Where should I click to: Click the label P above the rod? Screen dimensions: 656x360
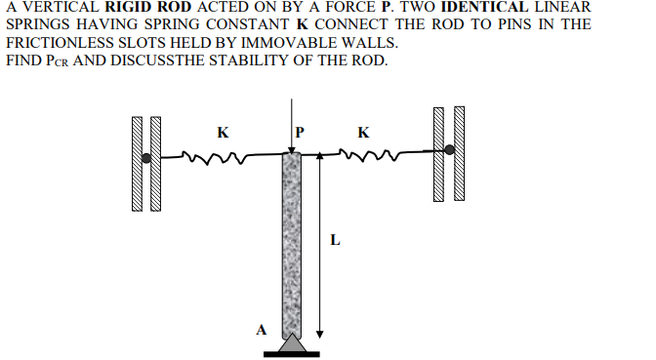(300, 130)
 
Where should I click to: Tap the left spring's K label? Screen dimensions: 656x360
(224, 130)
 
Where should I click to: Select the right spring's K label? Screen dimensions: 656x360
(363, 130)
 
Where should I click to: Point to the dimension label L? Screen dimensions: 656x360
(335, 238)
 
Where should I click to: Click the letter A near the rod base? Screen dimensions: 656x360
(261, 329)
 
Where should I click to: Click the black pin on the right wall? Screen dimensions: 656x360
(449, 150)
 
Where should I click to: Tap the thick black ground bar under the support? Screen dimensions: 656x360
(292, 352)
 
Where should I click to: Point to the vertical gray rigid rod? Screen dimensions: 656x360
(292, 244)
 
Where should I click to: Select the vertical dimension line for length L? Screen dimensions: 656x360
(317, 244)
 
